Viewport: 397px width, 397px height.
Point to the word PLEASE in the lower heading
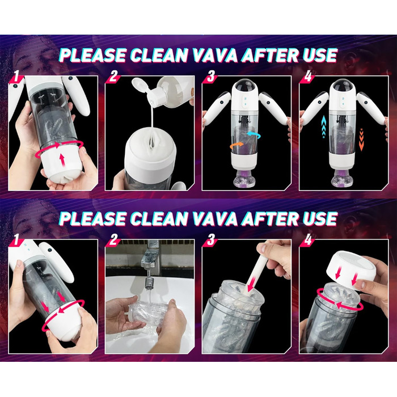click(92, 218)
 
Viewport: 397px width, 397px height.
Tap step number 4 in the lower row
click(307, 239)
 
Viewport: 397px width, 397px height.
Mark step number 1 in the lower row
click(16, 239)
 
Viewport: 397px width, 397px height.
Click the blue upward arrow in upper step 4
click(324, 126)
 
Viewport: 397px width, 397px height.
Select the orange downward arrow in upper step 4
click(362, 140)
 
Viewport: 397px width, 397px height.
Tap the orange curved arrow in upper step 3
click(237, 146)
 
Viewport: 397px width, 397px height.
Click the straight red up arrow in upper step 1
click(62, 161)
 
